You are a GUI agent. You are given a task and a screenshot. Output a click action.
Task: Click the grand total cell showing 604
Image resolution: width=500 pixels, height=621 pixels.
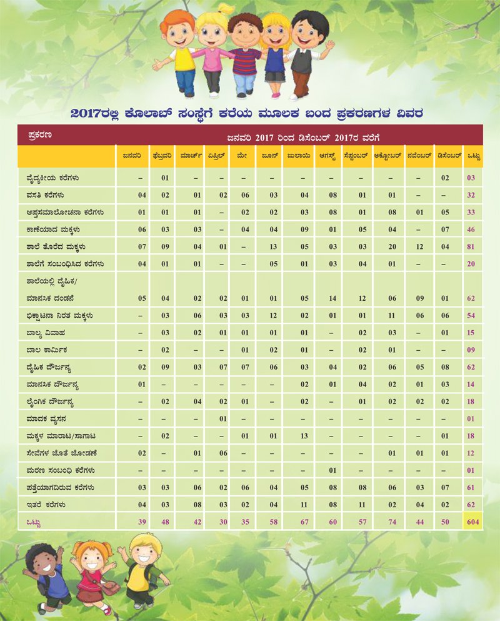tap(472, 521)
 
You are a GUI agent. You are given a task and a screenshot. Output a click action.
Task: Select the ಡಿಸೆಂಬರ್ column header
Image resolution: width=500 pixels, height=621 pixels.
tap(449, 156)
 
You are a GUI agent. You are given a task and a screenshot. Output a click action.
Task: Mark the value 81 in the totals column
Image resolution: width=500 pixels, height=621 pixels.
tap(471, 247)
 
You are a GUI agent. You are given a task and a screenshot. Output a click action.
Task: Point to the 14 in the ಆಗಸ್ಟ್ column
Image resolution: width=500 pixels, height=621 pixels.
tap(333, 298)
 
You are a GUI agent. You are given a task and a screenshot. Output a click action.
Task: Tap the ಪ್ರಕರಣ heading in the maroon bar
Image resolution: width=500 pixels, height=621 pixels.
tap(39, 134)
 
